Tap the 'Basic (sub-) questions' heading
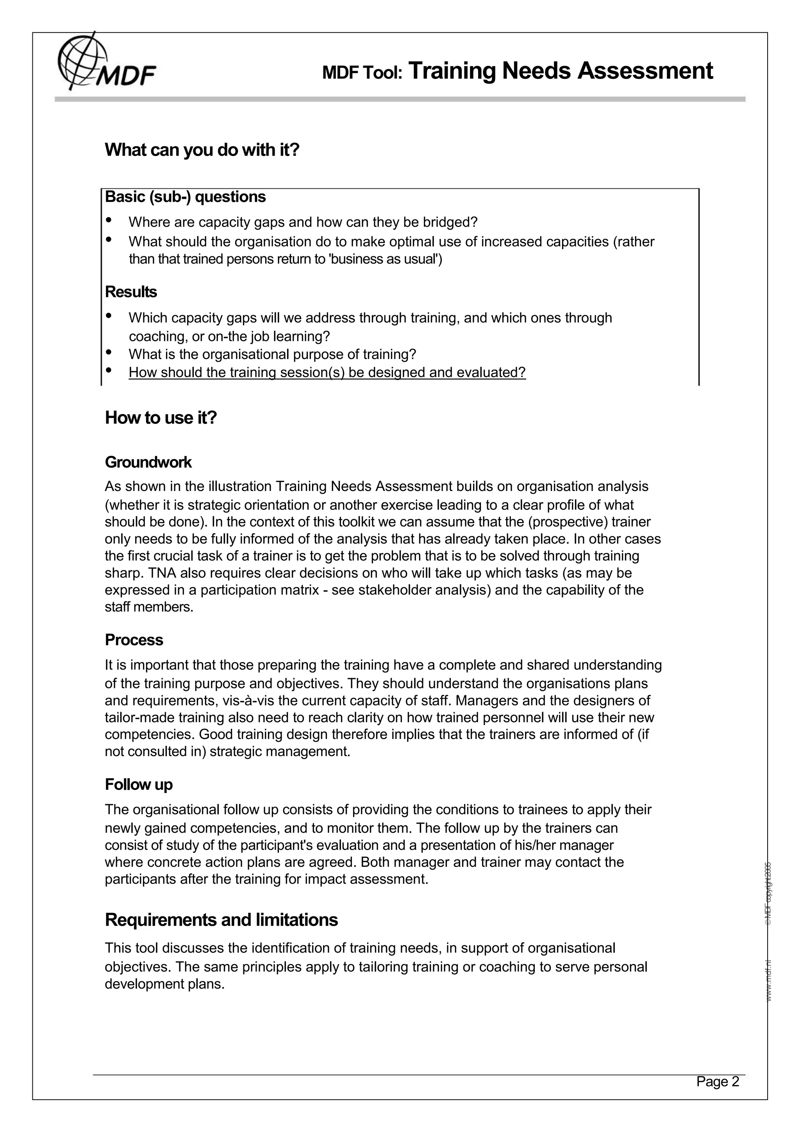(185, 197)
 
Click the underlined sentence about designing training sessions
(327, 372)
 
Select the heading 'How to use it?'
(161, 418)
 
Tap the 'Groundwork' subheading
(148, 462)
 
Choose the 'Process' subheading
(134, 639)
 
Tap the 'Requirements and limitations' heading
(221, 920)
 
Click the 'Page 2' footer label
(717, 1081)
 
